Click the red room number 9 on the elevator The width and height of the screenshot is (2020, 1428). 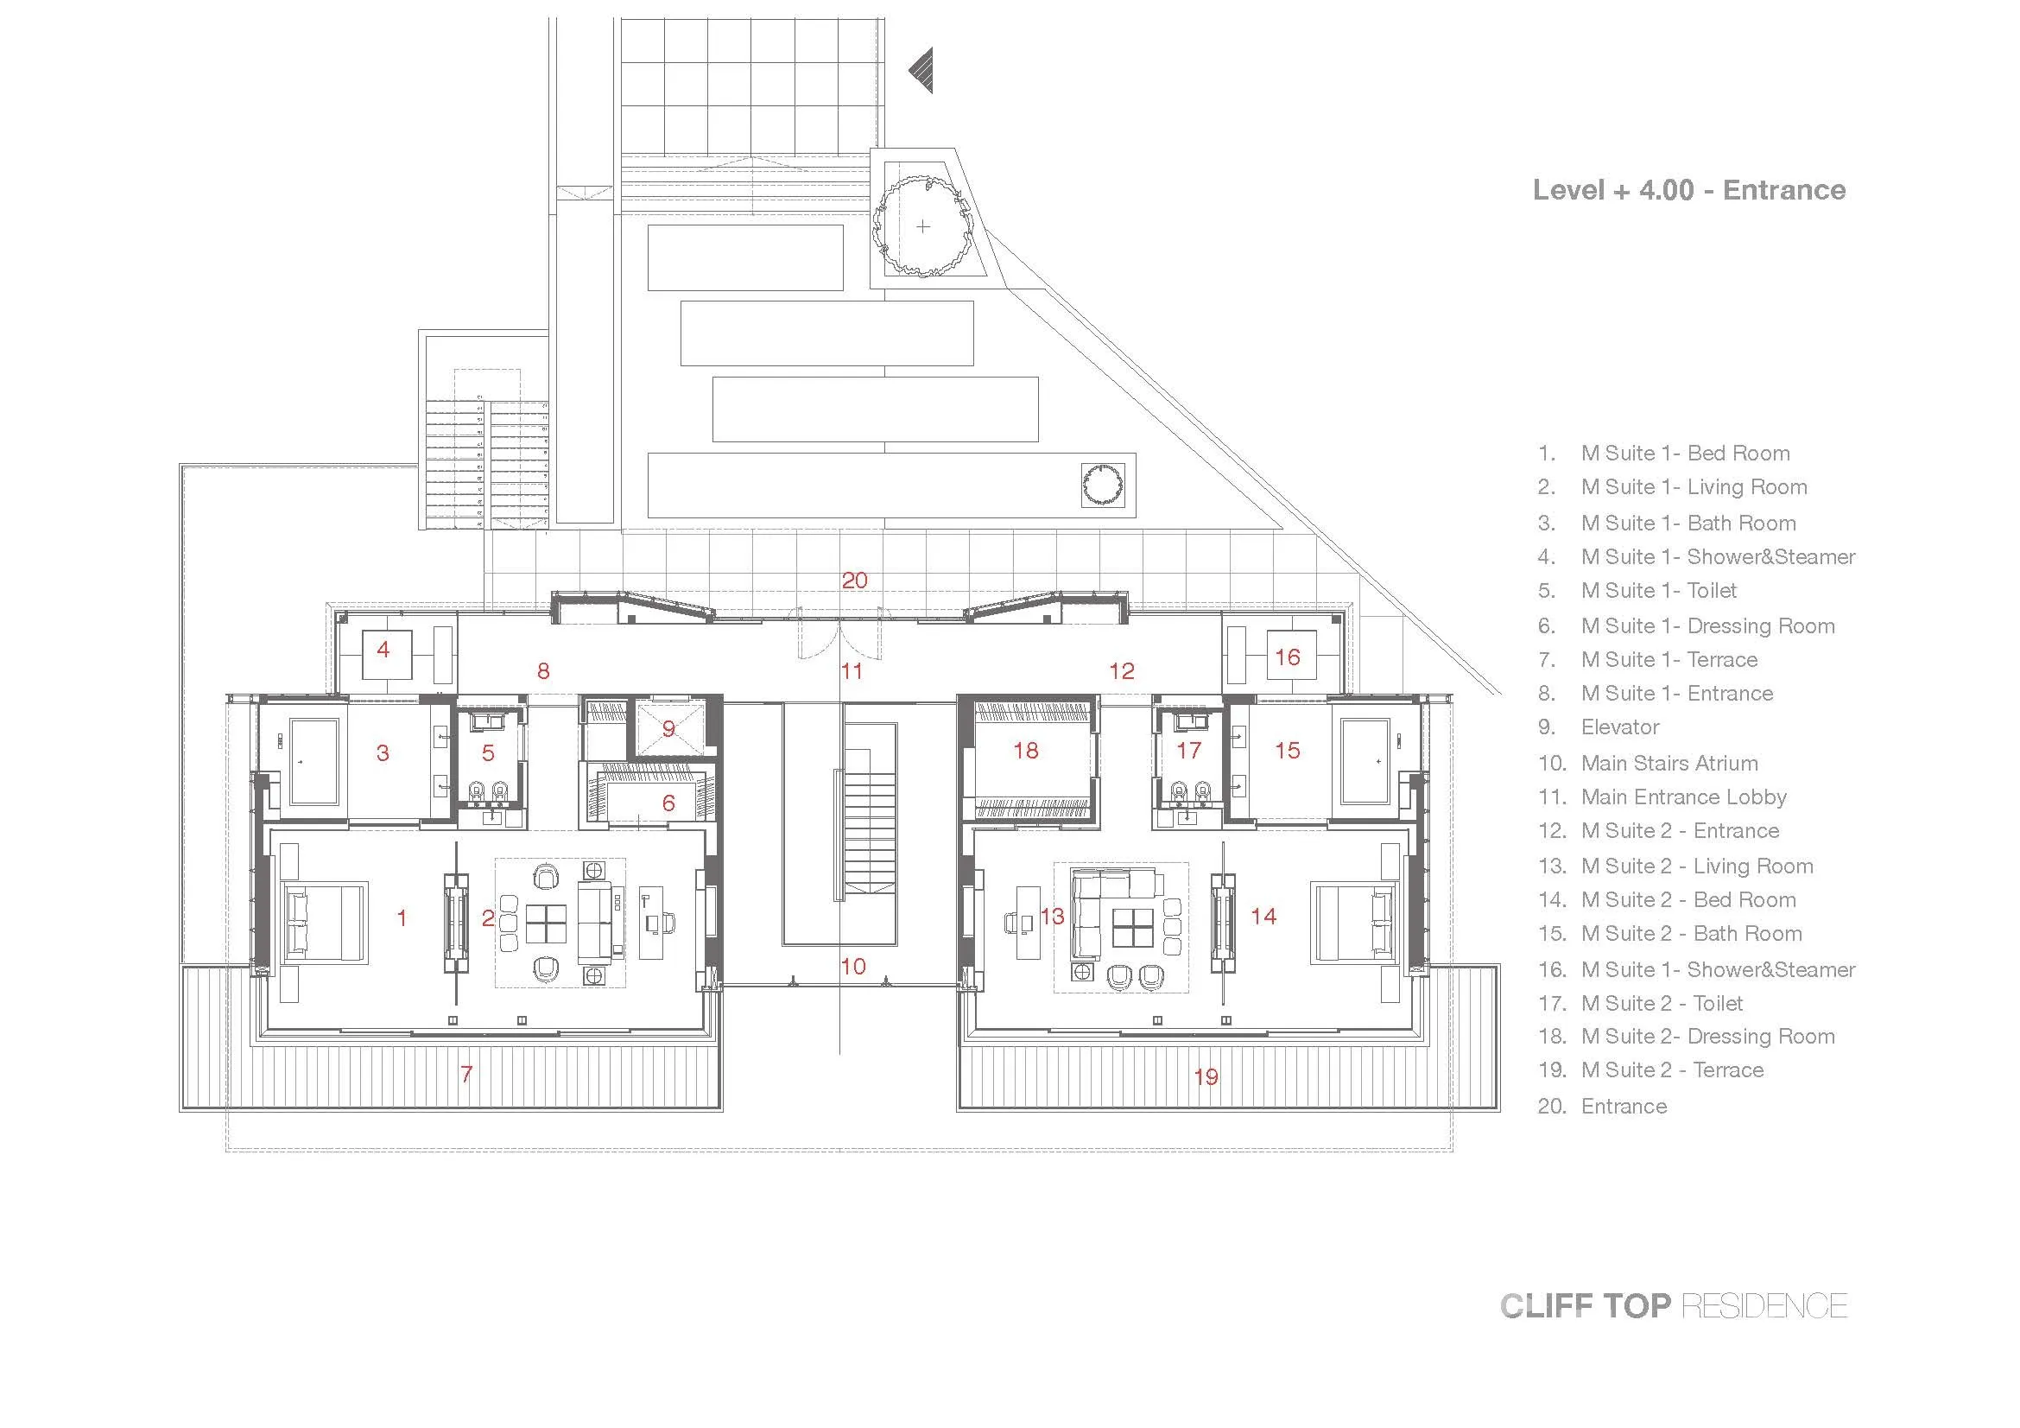point(668,728)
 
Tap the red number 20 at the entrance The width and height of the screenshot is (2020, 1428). point(854,581)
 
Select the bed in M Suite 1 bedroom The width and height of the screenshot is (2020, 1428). point(324,921)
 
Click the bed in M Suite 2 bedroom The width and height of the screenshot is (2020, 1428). point(1353,921)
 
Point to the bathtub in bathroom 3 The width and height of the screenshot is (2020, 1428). point(315,762)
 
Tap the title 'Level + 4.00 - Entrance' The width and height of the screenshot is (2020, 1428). point(1688,190)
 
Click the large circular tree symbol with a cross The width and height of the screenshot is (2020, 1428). point(922,226)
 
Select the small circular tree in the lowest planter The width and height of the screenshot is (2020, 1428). point(1103,486)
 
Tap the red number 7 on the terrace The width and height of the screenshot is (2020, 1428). point(466,1075)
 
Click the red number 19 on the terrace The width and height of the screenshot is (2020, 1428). point(1206,1076)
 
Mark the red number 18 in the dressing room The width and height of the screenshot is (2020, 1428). point(1026,751)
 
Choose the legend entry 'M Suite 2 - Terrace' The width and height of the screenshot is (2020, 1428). point(1650,1069)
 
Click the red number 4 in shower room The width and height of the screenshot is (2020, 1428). point(383,651)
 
